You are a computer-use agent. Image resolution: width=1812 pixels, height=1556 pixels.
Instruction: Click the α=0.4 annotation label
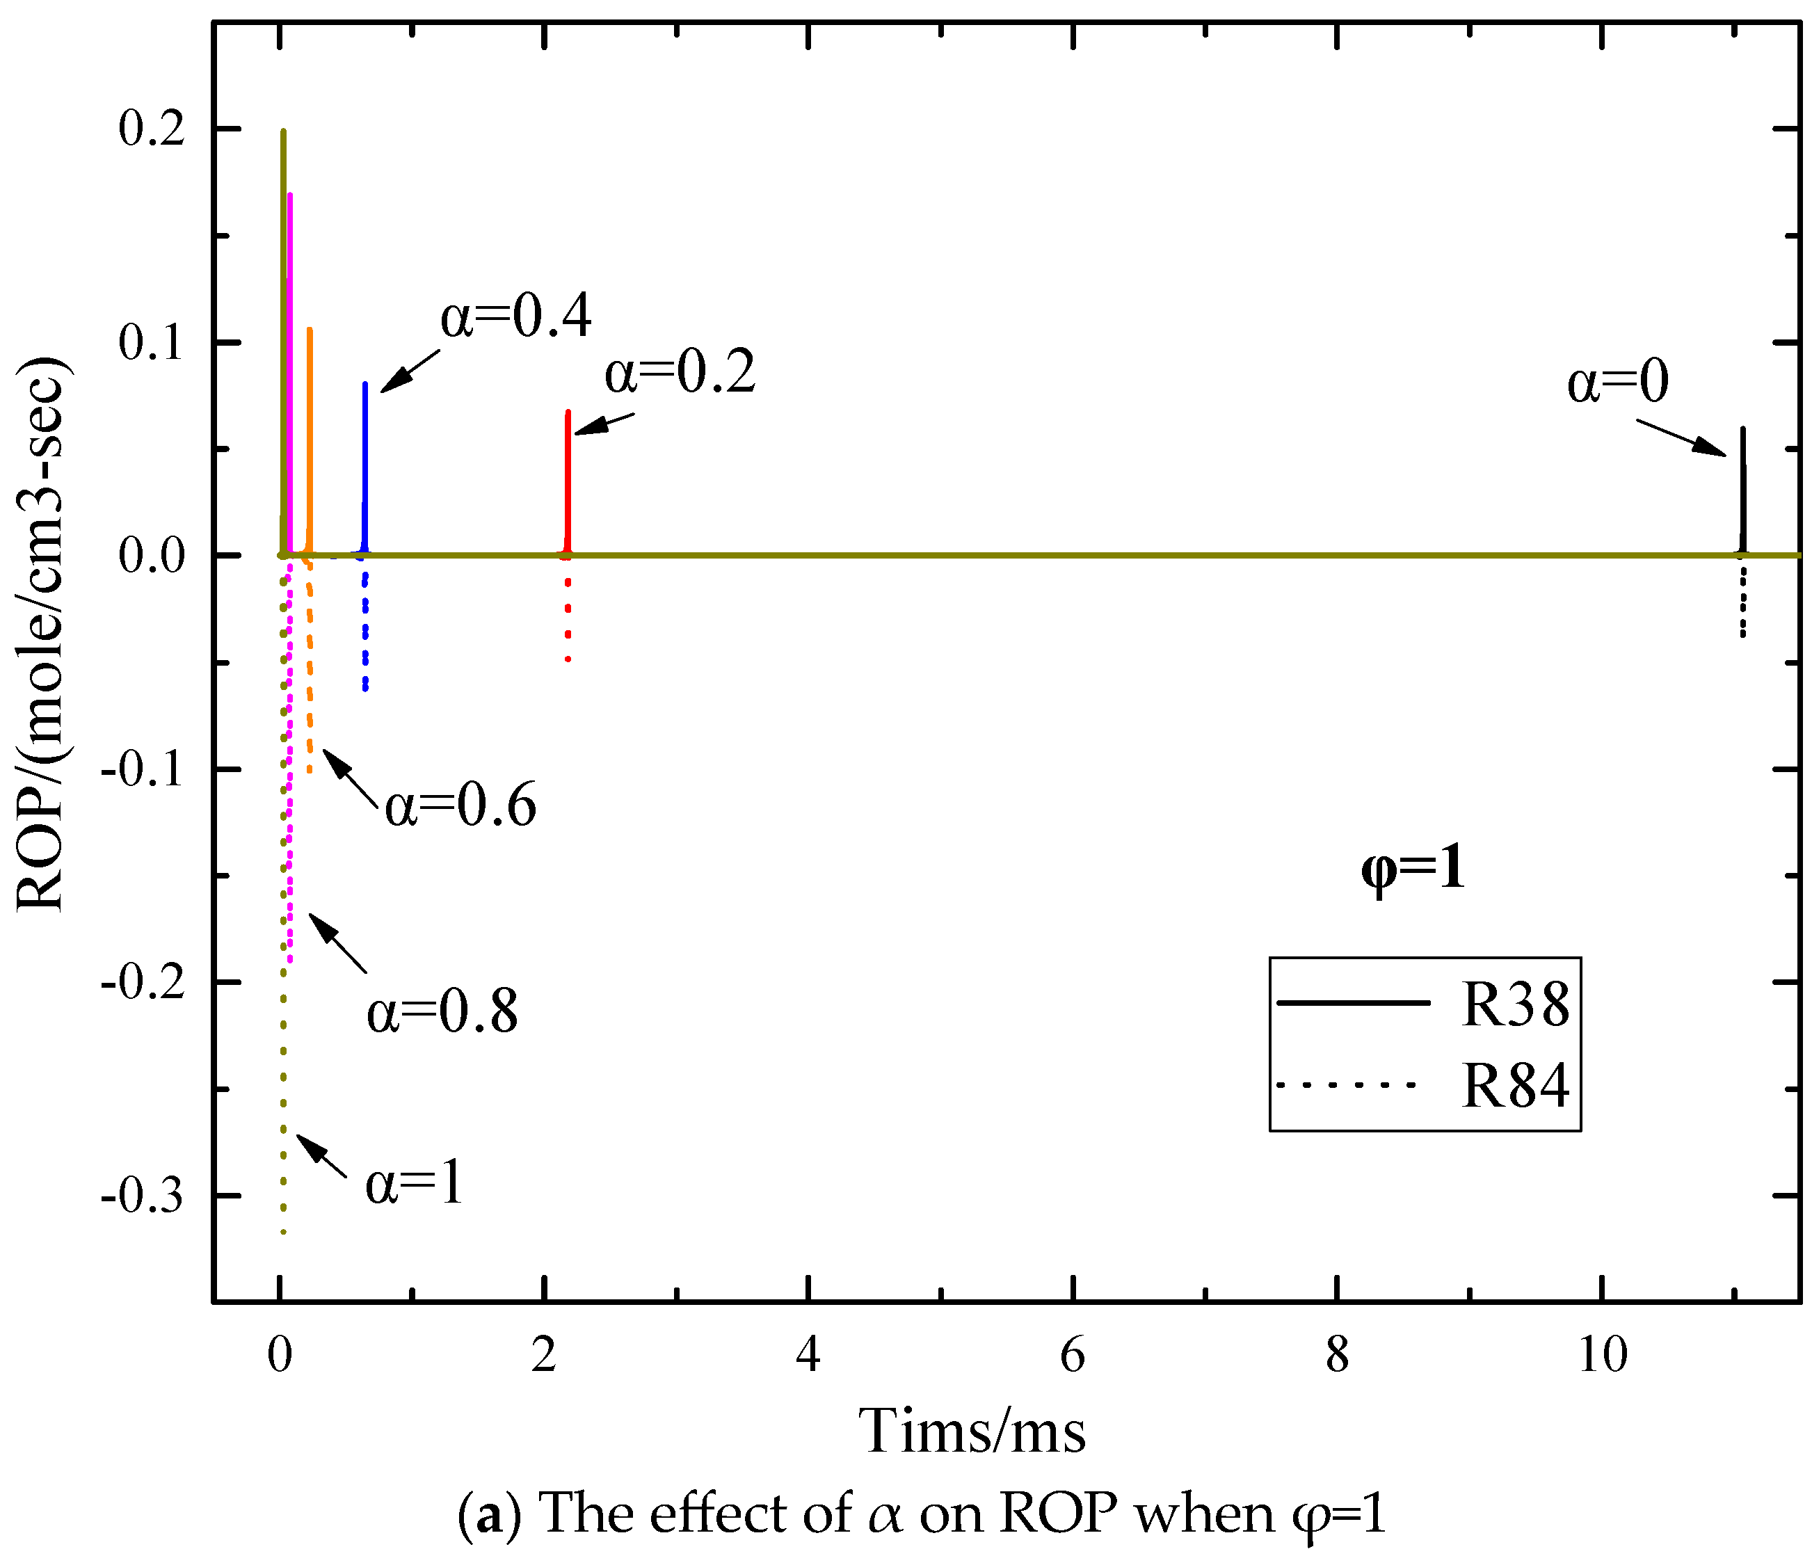pos(515,316)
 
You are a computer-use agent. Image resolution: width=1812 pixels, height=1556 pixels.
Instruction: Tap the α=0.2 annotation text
pos(680,373)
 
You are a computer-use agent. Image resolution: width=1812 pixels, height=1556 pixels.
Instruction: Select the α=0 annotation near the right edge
pos(1617,383)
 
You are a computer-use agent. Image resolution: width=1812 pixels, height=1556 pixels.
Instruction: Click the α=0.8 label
pos(442,1013)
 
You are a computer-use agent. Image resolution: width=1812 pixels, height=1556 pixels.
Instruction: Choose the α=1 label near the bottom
pos(414,1185)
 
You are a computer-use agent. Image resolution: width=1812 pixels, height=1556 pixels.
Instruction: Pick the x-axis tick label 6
pos(1072,1355)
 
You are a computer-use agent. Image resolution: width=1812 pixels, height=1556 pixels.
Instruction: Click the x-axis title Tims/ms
pos(972,1431)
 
